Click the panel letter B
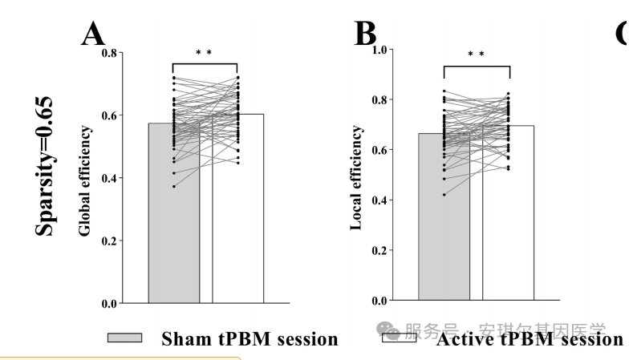pyautogui.click(x=365, y=34)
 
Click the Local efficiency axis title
pyautogui.click(x=356, y=178)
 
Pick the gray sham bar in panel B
pyautogui.click(x=444, y=241)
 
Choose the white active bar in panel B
pyautogui.click(x=508, y=241)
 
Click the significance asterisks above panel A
pyautogui.click(x=204, y=54)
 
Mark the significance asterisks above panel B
pyautogui.click(x=476, y=55)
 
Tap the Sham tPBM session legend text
pyautogui.click(x=250, y=339)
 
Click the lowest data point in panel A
pyautogui.click(x=173, y=186)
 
